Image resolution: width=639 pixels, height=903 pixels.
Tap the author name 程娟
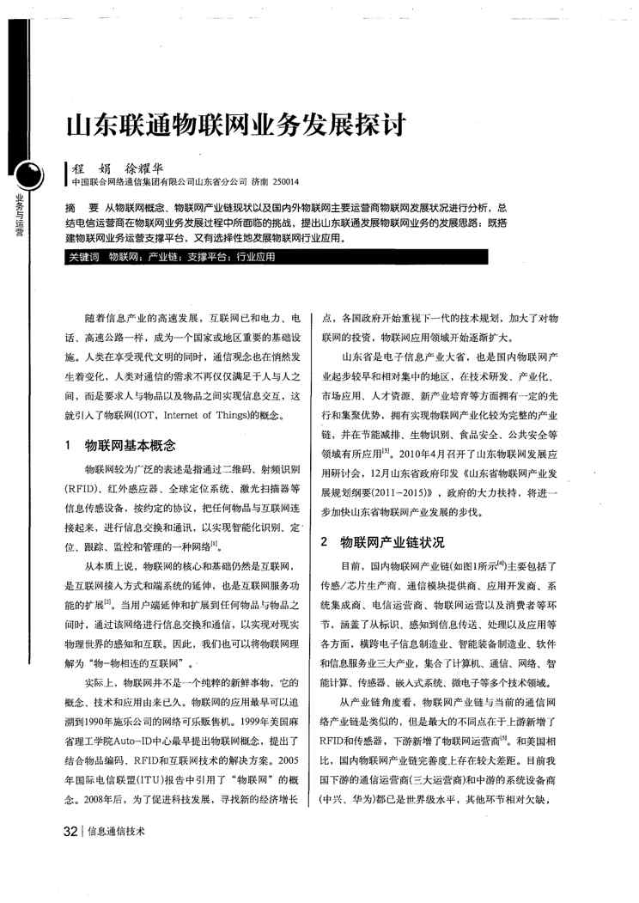click(91, 168)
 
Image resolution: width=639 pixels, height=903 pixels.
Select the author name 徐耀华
click(143, 168)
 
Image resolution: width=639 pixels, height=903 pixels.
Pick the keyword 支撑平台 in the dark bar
click(204, 256)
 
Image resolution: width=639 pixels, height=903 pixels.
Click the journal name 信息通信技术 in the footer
click(116, 832)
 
